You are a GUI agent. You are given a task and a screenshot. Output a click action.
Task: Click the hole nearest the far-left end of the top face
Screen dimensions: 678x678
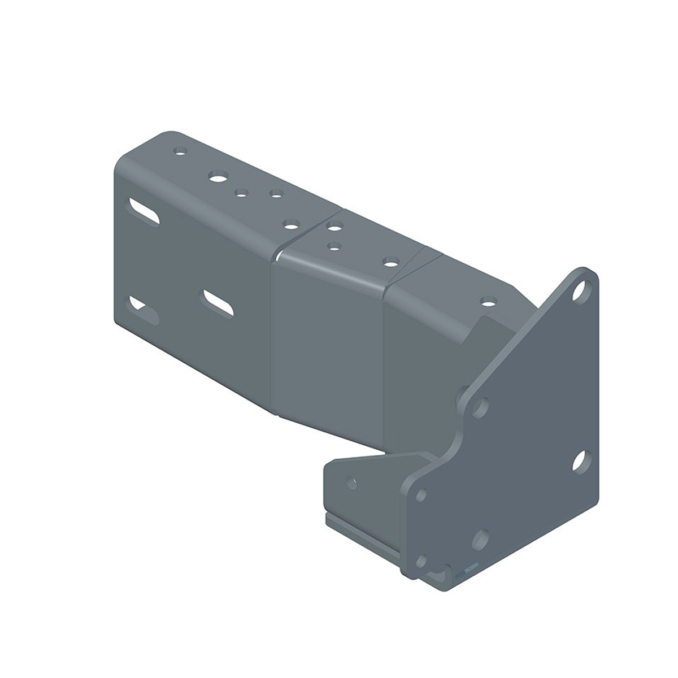pyautogui.click(x=180, y=151)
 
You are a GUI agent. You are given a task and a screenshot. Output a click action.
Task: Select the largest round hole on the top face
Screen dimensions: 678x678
pyautogui.click(x=216, y=176)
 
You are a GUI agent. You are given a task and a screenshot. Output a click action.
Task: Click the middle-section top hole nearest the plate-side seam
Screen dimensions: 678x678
pyautogui.click(x=389, y=261)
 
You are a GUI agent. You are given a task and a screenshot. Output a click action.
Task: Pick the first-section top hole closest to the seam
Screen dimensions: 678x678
pyautogui.click(x=291, y=225)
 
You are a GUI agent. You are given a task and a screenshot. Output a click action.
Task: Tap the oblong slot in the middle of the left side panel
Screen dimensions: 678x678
pyautogui.click(x=219, y=301)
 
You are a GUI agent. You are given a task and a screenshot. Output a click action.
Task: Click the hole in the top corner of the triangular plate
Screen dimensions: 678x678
pyautogui.click(x=580, y=292)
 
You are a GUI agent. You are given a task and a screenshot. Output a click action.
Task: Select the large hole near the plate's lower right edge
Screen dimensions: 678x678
pyautogui.click(x=580, y=461)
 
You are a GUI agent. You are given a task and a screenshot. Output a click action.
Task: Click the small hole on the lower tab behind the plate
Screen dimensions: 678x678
pyautogui.click(x=351, y=484)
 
